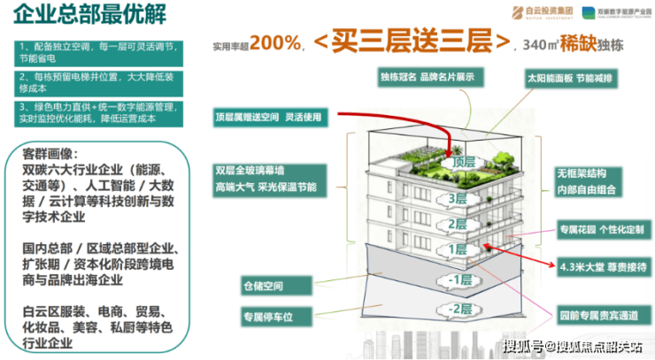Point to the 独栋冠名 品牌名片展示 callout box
coord(433,77)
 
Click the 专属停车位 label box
coord(267,315)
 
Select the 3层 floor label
coord(457,199)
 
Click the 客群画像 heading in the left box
coord(57,153)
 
